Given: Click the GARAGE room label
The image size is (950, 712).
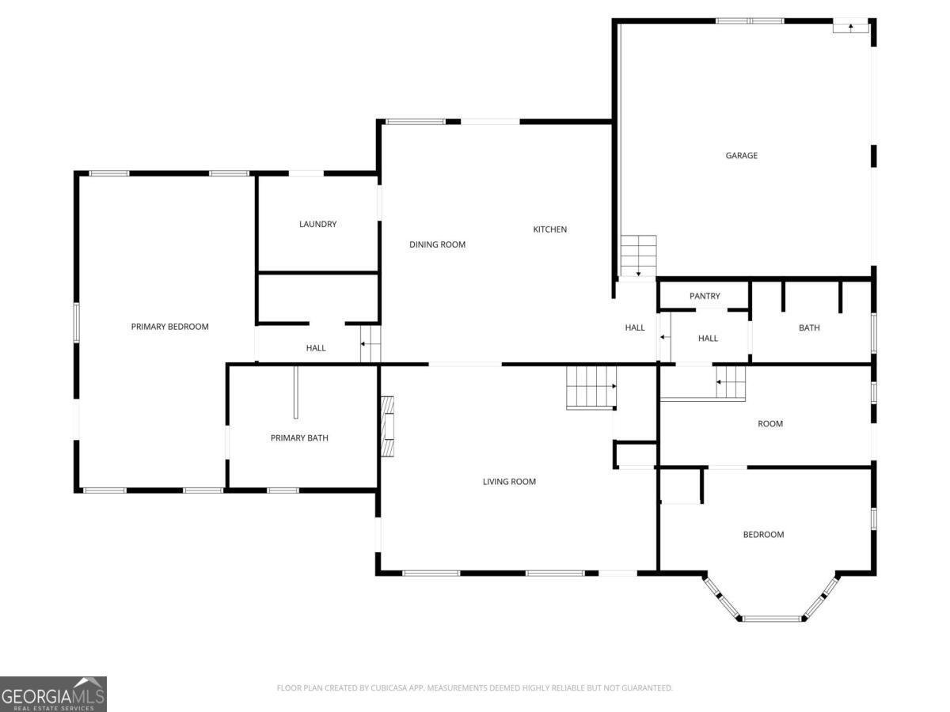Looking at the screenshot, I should [741, 156].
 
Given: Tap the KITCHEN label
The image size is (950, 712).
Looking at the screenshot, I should [549, 229].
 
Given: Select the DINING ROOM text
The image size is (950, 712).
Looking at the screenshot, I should [437, 244].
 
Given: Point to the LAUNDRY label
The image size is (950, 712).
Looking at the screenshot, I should [317, 225].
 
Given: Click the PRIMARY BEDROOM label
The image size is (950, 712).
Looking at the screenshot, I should [169, 327].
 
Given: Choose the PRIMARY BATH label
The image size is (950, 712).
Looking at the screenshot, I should [299, 438].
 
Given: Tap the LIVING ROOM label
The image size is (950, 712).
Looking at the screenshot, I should [509, 482].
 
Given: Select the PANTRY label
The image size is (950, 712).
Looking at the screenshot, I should [705, 297].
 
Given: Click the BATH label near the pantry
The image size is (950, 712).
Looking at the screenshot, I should [809, 328].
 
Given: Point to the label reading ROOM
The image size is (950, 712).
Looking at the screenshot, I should [769, 424].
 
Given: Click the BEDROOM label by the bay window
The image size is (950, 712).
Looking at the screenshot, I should [763, 535].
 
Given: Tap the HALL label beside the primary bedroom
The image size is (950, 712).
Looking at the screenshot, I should [316, 348].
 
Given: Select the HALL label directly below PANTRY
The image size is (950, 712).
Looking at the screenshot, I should [708, 339].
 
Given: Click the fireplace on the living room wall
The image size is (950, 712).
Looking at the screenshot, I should [387, 426].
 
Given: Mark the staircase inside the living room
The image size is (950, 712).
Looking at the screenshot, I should [591, 387].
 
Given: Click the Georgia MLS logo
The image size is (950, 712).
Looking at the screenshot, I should [53, 694].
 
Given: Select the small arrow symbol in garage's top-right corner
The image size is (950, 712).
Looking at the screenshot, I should [850, 27].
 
